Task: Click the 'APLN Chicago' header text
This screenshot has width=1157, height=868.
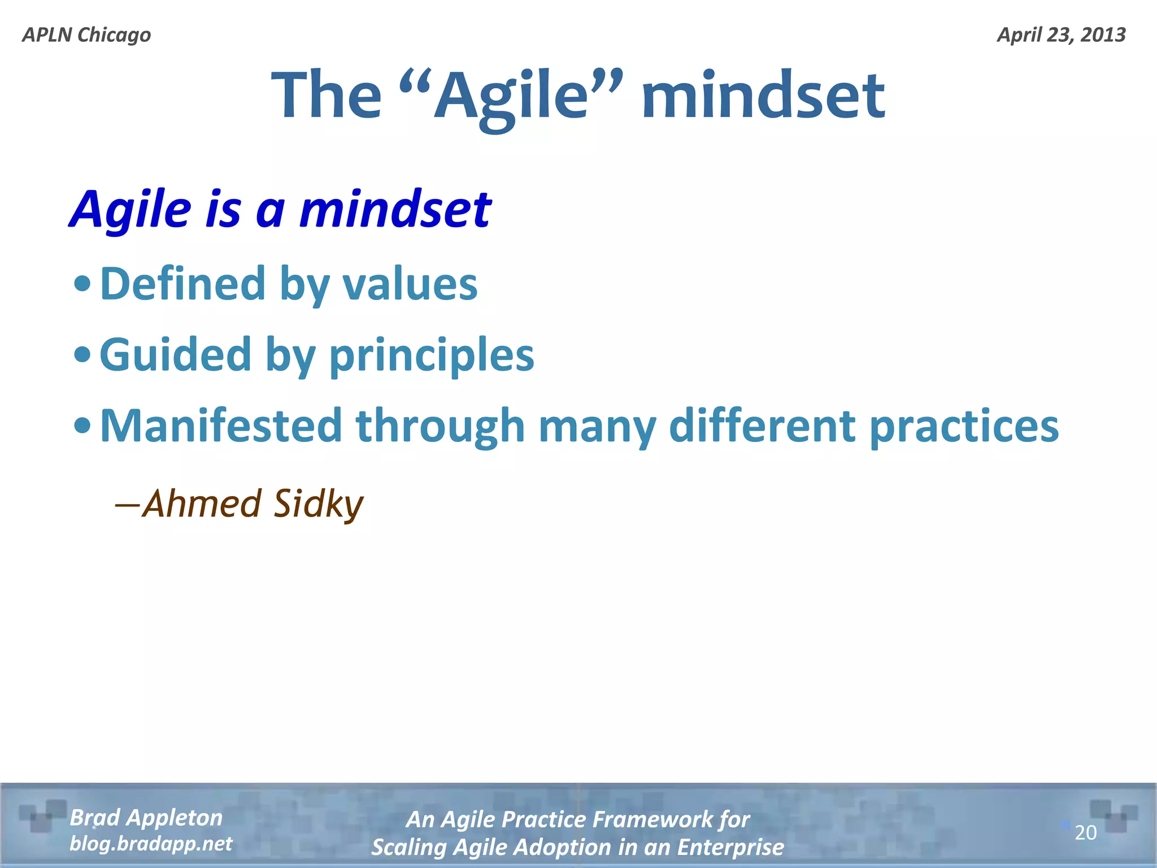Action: pyautogui.click(x=86, y=35)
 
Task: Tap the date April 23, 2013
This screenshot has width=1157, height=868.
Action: pyautogui.click(x=1061, y=35)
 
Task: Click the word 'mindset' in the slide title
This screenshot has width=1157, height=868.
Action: pyautogui.click(x=763, y=95)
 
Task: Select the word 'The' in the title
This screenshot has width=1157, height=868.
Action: pyautogui.click(x=327, y=95)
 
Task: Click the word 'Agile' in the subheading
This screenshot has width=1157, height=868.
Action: pyautogui.click(x=132, y=210)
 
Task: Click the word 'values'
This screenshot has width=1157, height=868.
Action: pyautogui.click(x=410, y=284)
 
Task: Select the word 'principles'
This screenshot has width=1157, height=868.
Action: pyautogui.click(x=432, y=355)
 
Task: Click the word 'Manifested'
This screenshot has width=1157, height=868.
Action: pyautogui.click(x=221, y=427)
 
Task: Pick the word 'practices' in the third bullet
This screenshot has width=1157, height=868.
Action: pyautogui.click(x=964, y=427)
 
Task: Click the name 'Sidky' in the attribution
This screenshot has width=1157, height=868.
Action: pyautogui.click(x=318, y=504)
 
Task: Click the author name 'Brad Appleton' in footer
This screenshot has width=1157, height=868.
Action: pyautogui.click(x=146, y=818)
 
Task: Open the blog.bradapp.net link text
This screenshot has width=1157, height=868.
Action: pyautogui.click(x=150, y=844)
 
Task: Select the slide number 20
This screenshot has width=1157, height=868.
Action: pyautogui.click(x=1085, y=833)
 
